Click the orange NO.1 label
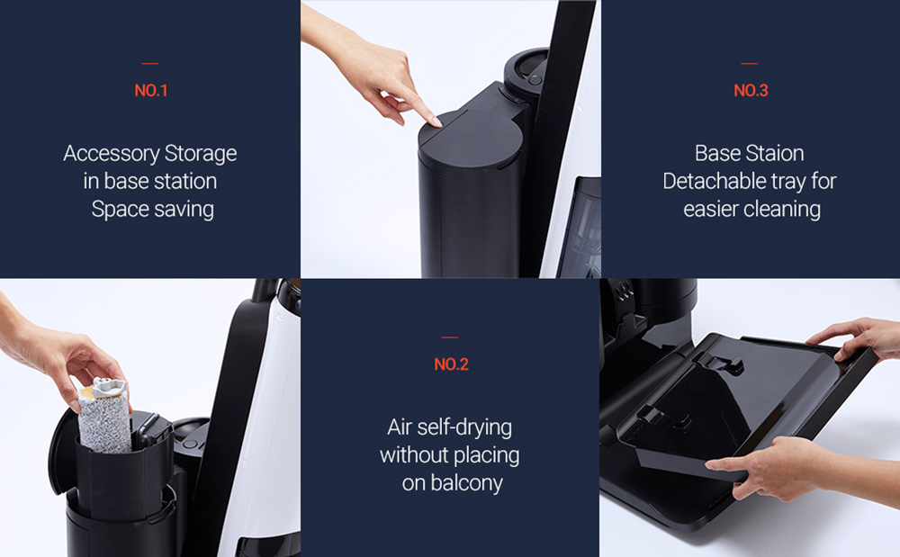(150, 91)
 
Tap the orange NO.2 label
(450, 364)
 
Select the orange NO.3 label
(751, 91)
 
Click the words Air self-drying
(449, 427)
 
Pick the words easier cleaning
(751, 210)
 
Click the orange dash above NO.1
(150, 63)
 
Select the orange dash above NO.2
(450, 337)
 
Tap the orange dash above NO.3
(750, 63)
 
